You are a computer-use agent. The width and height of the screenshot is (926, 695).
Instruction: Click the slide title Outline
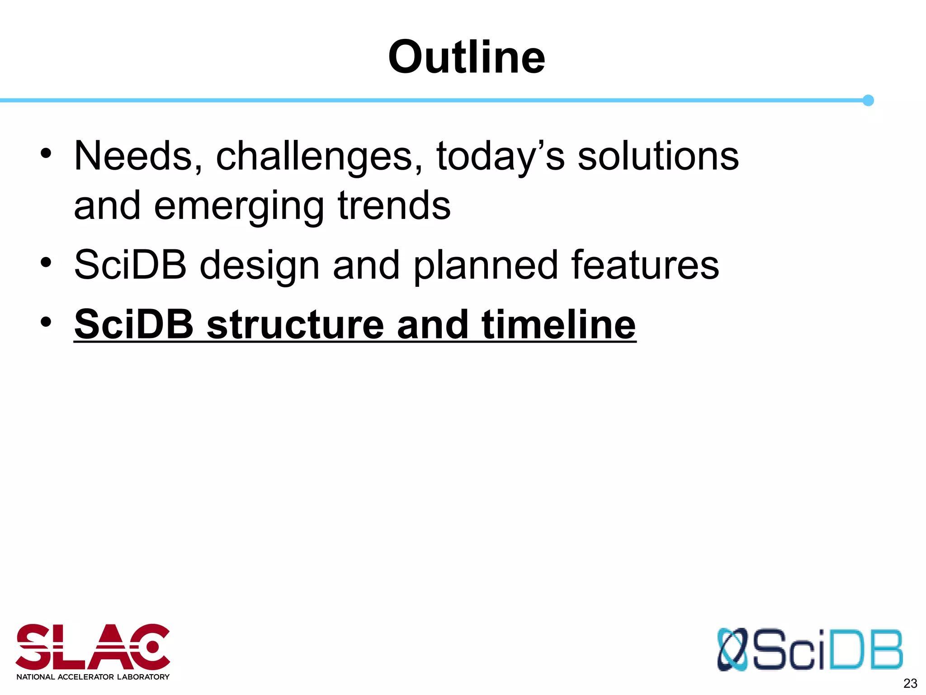tap(466, 57)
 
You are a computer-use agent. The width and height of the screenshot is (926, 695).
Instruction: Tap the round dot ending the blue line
tap(868, 100)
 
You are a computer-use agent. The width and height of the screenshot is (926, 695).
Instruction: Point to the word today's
tap(500, 157)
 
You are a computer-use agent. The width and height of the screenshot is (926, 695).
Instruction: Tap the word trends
tap(394, 205)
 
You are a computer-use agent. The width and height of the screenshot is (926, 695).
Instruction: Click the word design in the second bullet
tap(260, 266)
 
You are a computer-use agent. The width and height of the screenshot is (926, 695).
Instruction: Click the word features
tap(645, 265)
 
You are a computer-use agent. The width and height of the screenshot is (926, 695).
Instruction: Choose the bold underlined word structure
tap(295, 325)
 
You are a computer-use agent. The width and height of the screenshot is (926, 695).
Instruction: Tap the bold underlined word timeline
tap(559, 324)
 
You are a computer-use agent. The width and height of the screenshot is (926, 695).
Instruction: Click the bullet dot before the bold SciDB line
tap(46, 322)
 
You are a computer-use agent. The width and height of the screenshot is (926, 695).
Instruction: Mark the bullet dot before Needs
tap(46, 153)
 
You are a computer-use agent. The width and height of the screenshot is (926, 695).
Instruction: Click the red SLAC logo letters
tap(93, 647)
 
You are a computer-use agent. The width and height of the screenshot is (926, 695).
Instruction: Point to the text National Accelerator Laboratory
tap(93, 677)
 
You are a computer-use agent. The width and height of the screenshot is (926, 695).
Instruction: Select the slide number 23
tap(910, 683)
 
